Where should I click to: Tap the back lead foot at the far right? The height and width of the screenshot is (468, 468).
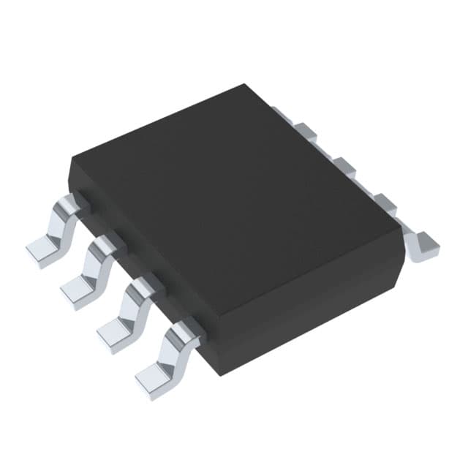(424, 245)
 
